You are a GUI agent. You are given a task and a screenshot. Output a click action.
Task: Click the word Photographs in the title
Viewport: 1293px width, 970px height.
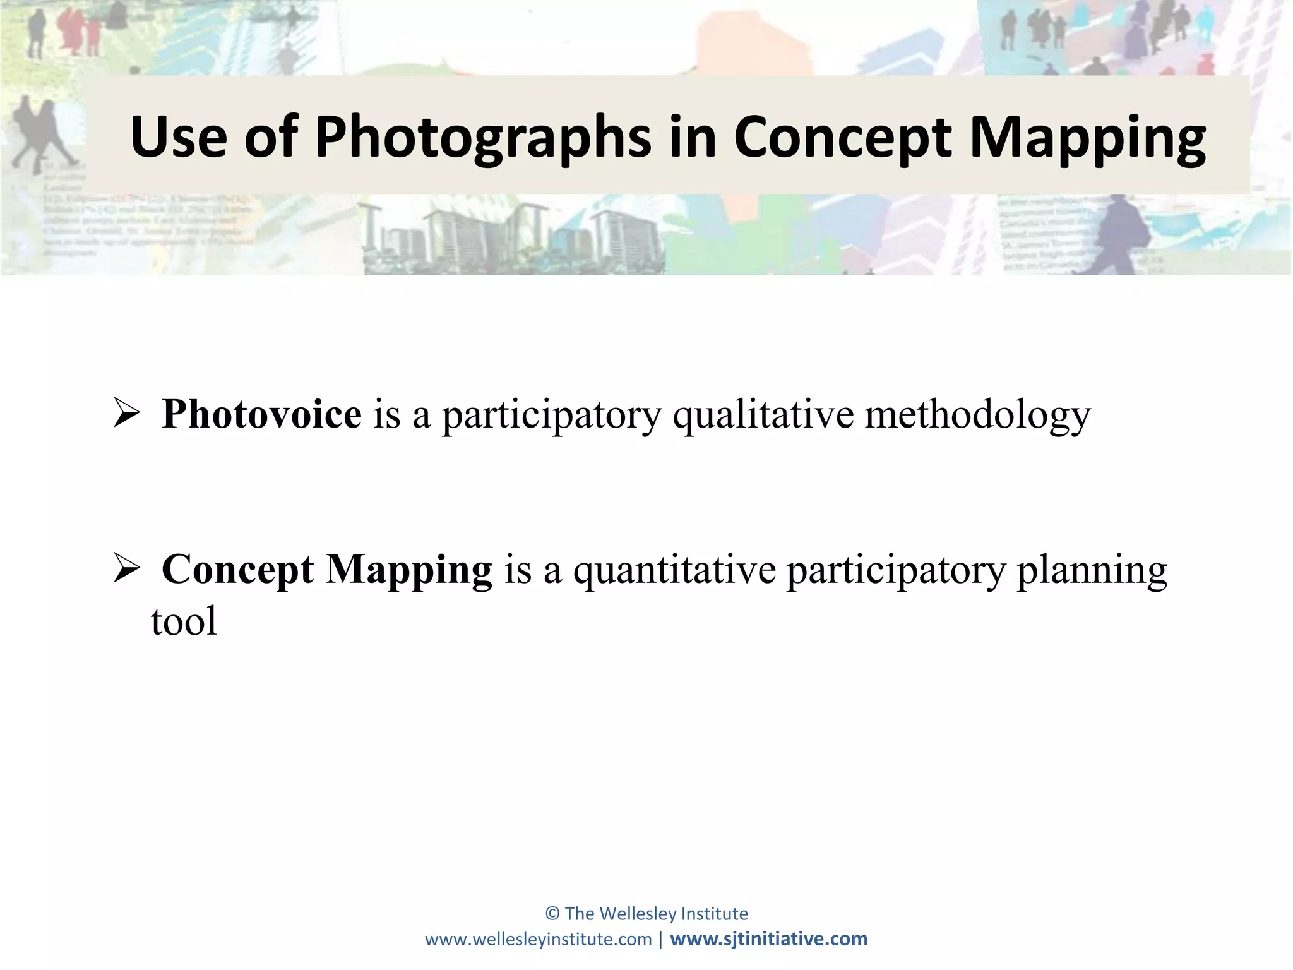pos(483,137)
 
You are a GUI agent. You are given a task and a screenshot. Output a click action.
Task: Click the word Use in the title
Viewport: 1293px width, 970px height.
pos(179,137)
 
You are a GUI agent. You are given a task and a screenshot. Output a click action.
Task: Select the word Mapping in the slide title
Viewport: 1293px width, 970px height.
pos(1087,137)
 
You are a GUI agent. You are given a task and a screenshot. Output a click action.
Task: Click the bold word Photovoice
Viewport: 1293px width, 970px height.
pos(261,414)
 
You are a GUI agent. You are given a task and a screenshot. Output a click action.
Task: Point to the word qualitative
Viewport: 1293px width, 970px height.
pos(763,416)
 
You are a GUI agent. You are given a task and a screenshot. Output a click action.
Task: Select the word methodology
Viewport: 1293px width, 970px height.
pos(977,416)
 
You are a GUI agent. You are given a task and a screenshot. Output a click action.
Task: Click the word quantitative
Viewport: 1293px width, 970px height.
pos(674,570)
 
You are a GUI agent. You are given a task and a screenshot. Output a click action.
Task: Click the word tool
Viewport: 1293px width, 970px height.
pos(184,621)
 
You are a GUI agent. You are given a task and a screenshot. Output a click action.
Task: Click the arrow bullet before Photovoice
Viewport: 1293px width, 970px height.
pos(126,414)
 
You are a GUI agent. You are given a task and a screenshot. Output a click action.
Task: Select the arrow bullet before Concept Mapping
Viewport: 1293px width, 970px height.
pos(126,568)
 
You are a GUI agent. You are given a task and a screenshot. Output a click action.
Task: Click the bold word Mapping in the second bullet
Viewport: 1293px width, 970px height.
pos(408,570)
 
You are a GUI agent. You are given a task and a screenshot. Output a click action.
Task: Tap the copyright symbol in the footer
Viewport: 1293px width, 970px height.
pos(552,914)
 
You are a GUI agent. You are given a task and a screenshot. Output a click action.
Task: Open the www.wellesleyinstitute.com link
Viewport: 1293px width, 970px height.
pos(538,939)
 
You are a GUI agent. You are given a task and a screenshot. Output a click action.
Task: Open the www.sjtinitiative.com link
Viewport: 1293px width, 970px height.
pos(768,939)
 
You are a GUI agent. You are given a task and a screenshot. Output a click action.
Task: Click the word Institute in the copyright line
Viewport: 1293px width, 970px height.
pos(717,914)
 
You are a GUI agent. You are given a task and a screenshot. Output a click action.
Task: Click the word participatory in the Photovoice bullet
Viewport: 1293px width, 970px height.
pos(551,416)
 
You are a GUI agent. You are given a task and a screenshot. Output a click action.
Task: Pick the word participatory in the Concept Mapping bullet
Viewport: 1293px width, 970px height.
pos(896,570)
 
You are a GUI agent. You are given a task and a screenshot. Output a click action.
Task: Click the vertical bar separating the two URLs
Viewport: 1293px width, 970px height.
pos(660,939)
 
